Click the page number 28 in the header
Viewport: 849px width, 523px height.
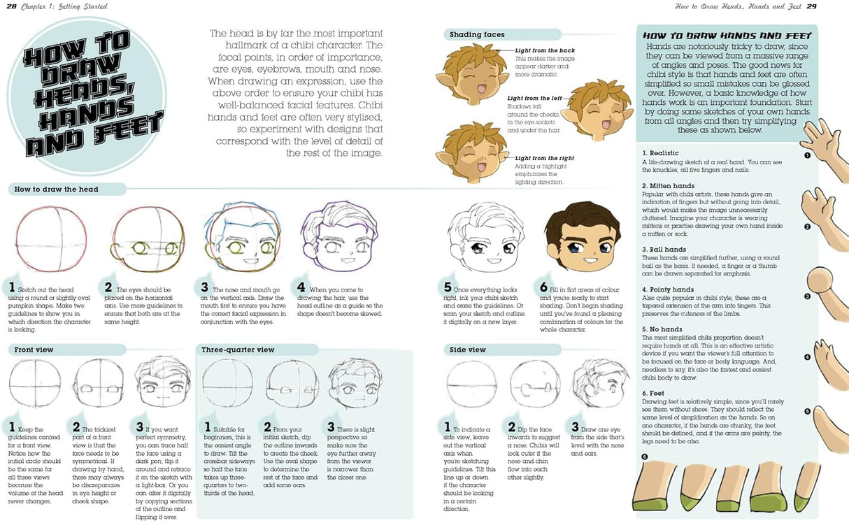(x=12, y=6)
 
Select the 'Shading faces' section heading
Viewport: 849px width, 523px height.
(x=478, y=34)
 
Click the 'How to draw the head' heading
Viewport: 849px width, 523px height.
(x=57, y=189)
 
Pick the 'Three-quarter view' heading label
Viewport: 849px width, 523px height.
(x=238, y=349)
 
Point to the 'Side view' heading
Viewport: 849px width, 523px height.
(x=468, y=349)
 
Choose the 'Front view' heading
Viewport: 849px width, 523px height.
(x=34, y=349)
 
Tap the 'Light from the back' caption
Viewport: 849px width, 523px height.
(x=545, y=50)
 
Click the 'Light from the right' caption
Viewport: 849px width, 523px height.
(x=545, y=158)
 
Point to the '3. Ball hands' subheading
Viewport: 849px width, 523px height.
(x=664, y=250)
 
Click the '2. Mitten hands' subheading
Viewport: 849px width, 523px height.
(x=669, y=186)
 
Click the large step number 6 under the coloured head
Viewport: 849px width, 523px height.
(x=543, y=287)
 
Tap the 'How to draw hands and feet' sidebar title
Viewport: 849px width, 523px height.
(x=727, y=35)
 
